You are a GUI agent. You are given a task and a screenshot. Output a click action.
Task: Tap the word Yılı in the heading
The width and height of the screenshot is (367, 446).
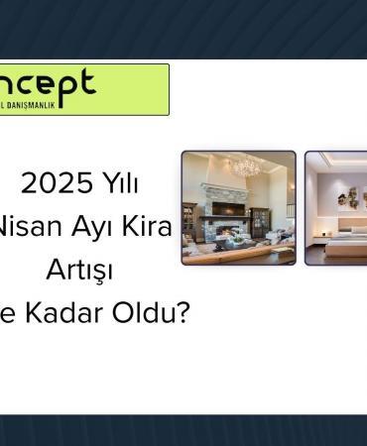tap(118, 183)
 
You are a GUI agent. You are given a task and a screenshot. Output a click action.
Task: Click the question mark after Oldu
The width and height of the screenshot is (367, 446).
tap(183, 313)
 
